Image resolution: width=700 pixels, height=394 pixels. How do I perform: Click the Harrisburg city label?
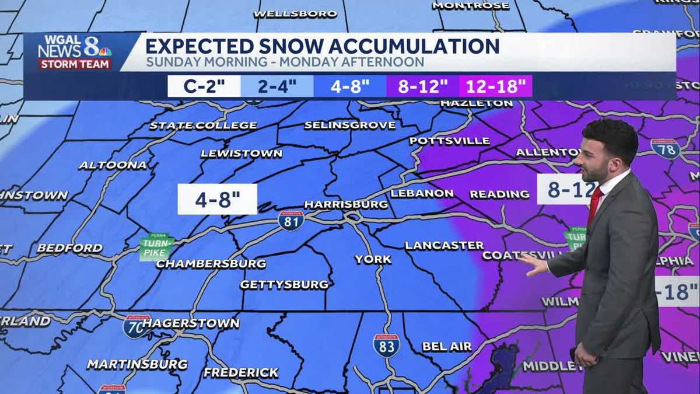click(x=346, y=204)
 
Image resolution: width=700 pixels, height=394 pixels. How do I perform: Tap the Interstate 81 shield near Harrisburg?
click(x=290, y=221)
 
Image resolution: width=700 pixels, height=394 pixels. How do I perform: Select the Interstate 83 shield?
click(x=386, y=346)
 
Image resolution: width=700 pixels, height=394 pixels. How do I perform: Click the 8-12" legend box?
click(x=423, y=86)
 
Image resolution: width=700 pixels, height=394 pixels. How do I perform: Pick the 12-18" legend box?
click(x=495, y=86)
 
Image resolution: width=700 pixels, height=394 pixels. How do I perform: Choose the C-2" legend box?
click(x=204, y=86)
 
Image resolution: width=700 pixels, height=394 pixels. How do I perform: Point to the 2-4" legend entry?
click(x=277, y=86)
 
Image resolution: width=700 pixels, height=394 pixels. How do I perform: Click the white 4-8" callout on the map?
click(x=217, y=199)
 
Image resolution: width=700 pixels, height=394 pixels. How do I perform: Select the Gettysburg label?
click(x=284, y=284)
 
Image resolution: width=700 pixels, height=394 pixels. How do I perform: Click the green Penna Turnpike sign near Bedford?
click(x=156, y=247)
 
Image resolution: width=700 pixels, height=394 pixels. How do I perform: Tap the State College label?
click(x=203, y=125)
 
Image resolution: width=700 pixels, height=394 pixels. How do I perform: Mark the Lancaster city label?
click(x=444, y=245)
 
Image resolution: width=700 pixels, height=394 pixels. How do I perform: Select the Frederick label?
click(x=241, y=372)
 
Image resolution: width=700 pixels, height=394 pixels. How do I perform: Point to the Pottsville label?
click(x=449, y=141)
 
